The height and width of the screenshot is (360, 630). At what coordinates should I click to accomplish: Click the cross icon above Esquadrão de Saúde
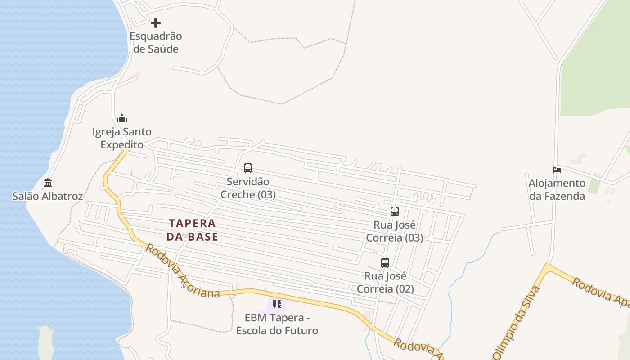pyautogui.click(x=156, y=22)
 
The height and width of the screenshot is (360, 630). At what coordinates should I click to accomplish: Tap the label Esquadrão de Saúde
pyautogui.click(x=156, y=42)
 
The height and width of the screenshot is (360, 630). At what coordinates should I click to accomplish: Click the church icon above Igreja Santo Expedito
pyautogui.click(x=122, y=118)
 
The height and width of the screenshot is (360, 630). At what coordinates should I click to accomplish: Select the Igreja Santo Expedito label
pyautogui.click(x=122, y=138)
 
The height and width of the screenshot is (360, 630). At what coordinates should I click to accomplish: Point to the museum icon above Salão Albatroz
pyautogui.click(x=48, y=183)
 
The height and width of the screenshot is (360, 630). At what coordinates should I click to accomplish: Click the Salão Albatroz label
pyautogui.click(x=48, y=196)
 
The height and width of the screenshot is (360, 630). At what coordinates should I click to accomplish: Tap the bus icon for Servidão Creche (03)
pyautogui.click(x=248, y=168)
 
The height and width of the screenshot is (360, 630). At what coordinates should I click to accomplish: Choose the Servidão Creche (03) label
pyautogui.click(x=248, y=188)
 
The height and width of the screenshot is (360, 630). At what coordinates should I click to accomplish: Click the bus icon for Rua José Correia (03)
pyautogui.click(x=395, y=211)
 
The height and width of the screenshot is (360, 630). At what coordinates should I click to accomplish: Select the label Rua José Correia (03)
pyautogui.click(x=395, y=231)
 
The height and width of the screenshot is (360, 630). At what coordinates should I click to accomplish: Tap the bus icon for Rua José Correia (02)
pyautogui.click(x=385, y=262)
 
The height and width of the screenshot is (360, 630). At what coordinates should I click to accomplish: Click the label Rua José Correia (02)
pyautogui.click(x=385, y=282)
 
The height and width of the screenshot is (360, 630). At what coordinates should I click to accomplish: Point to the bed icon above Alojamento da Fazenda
pyautogui.click(x=557, y=170)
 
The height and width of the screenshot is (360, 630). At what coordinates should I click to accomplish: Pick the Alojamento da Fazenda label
pyautogui.click(x=557, y=189)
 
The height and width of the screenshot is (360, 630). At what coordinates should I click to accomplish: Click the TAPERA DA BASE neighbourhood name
pyautogui.click(x=192, y=230)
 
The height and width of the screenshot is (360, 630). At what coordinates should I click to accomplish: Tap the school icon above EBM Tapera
pyautogui.click(x=277, y=304)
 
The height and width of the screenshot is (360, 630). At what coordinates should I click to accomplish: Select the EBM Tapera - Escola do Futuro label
pyautogui.click(x=277, y=324)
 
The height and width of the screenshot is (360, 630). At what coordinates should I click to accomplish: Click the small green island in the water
pyautogui.click(x=45, y=342)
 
